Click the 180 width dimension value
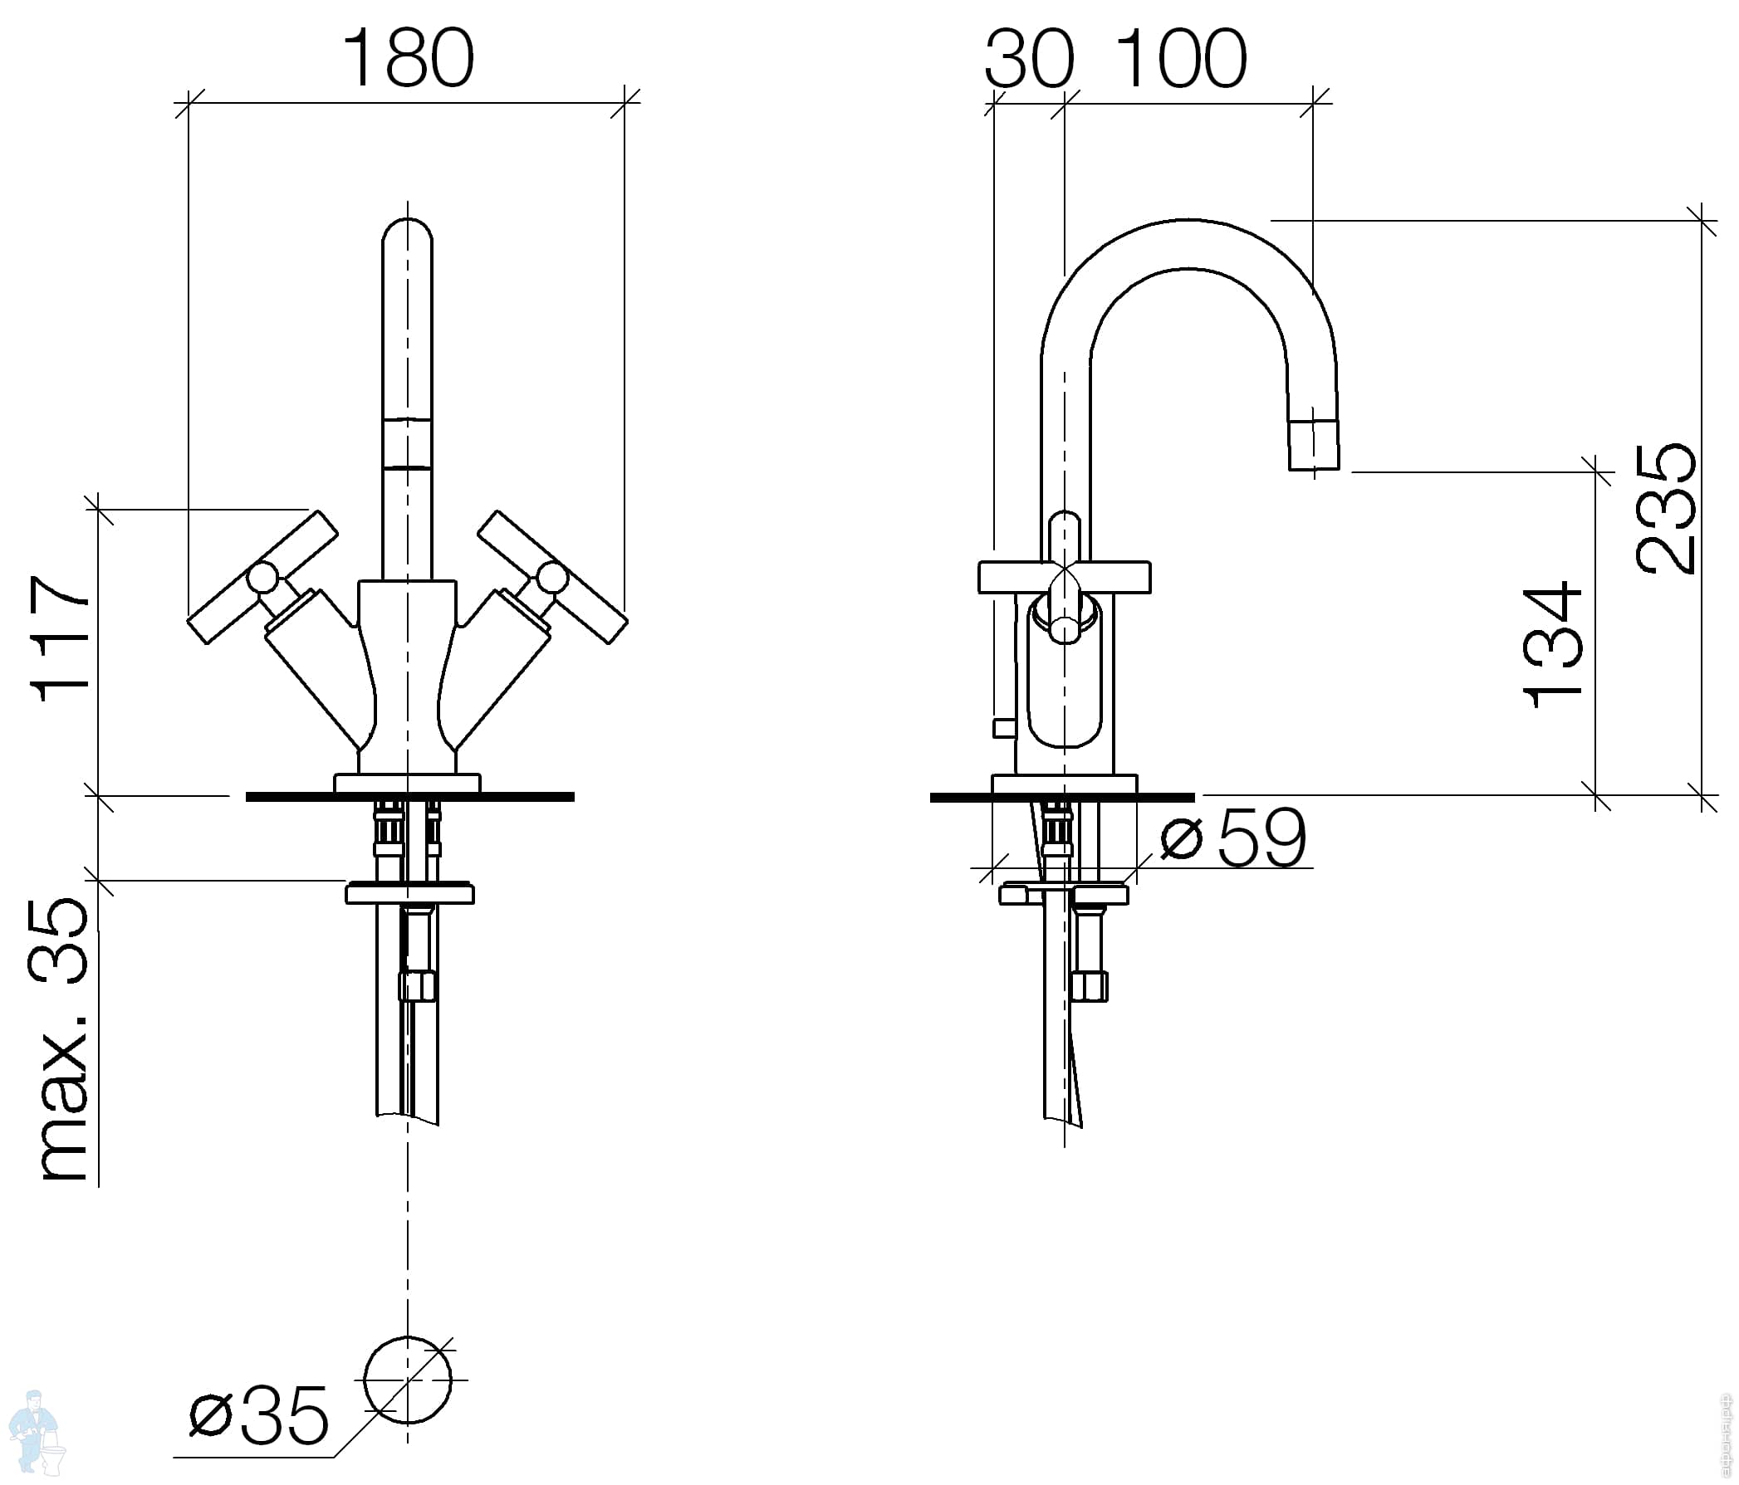pos(408,58)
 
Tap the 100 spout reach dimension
pos(1182,58)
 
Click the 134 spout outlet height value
pos(1553,644)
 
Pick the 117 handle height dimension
pos(61,637)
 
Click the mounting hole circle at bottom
pos(408,1380)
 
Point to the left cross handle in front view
pos(262,577)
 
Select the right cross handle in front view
pos(553,577)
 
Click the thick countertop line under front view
pos(409,797)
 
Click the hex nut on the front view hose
pos(417,987)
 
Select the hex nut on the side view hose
pos(1090,987)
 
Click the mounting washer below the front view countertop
pos(409,893)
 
